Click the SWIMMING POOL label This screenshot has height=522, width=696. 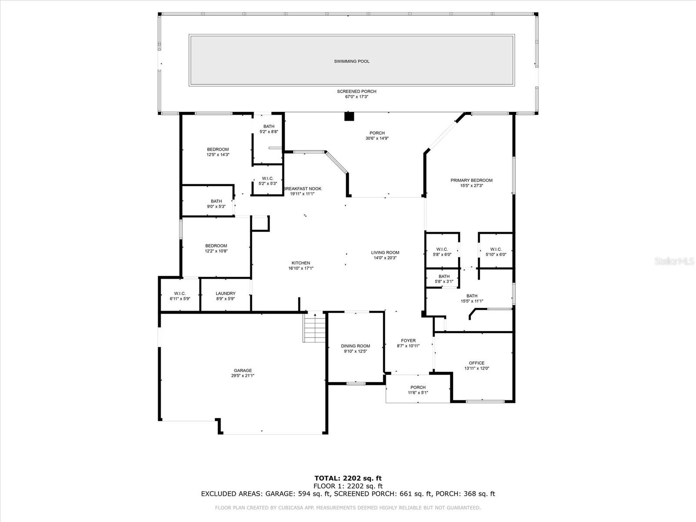[x=351, y=61]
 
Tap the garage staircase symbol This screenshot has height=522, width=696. [x=314, y=328]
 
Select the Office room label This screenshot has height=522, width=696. [x=476, y=363]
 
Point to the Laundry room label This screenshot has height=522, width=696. [x=225, y=293]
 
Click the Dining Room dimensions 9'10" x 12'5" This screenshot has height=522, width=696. [x=355, y=351]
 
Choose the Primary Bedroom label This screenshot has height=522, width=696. [x=472, y=180]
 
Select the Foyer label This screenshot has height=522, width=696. [x=408, y=341]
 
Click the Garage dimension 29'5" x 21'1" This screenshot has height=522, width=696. [x=243, y=376]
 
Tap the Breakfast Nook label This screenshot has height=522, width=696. [x=302, y=189]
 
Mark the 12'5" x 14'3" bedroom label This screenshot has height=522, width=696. [x=217, y=150]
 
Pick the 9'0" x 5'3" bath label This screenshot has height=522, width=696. [x=216, y=201]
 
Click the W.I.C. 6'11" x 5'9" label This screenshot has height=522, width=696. [x=180, y=293]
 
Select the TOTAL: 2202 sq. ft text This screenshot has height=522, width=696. [x=348, y=478]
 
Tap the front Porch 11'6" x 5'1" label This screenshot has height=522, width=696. [x=418, y=387]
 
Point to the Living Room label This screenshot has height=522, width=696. [x=385, y=252]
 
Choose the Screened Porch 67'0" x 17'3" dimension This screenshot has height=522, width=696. [x=356, y=97]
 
